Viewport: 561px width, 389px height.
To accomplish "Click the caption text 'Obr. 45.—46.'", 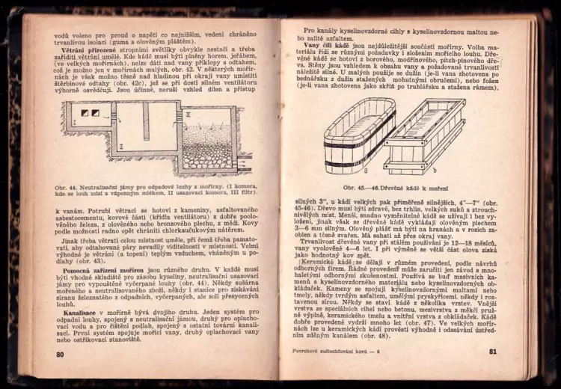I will [x=361, y=188].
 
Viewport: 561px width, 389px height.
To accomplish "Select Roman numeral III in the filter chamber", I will [x=188, y=114].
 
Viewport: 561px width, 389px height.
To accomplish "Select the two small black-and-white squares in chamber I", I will [x=90, y=113].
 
